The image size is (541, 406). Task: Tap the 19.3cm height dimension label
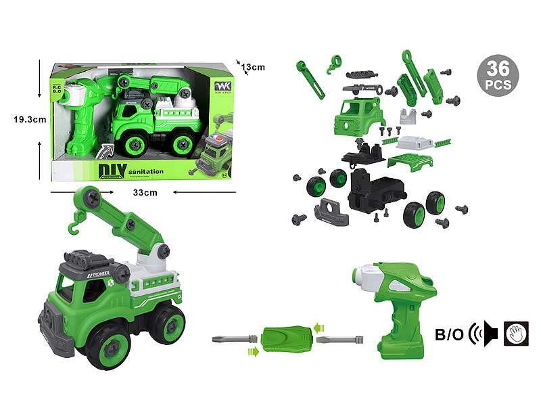tap(28, 120)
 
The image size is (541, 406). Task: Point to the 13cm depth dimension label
tap(252, 67)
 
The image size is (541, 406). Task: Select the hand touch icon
tap(516, 332)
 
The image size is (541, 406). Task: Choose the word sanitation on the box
tap(145, 172)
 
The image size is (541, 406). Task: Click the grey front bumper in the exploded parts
tap(331, 212)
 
